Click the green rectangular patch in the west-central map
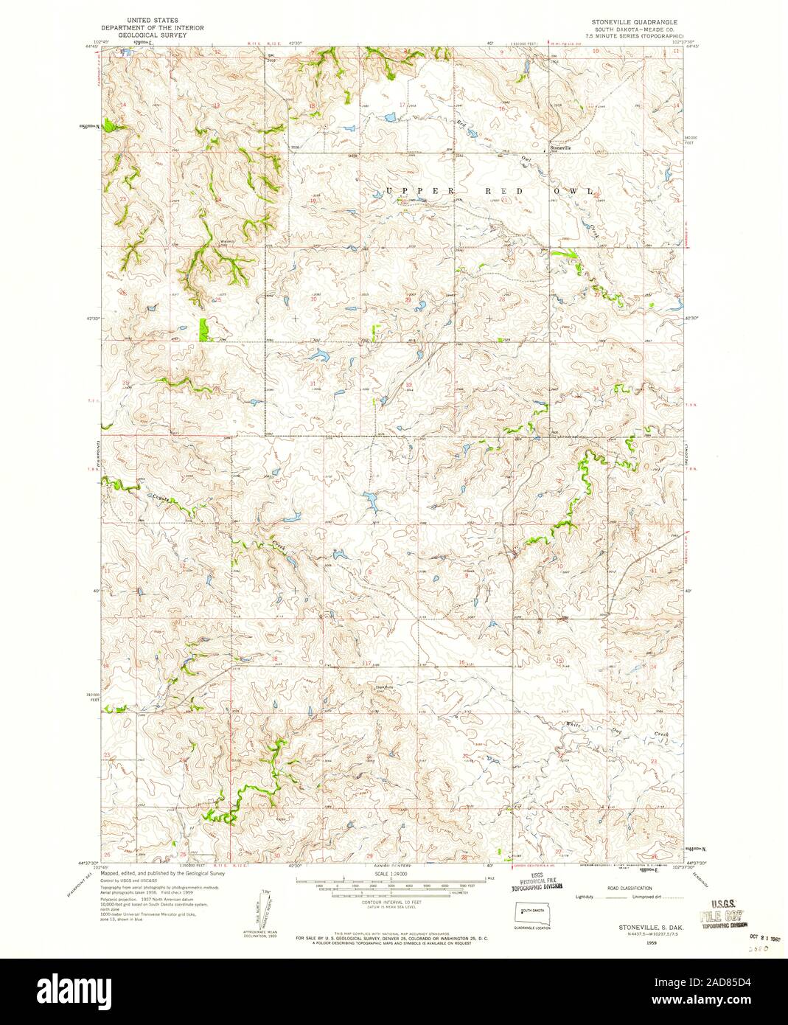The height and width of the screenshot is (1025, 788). click(x=204, y=330)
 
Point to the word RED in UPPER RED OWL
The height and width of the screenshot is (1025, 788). click(x=503, y=192)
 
